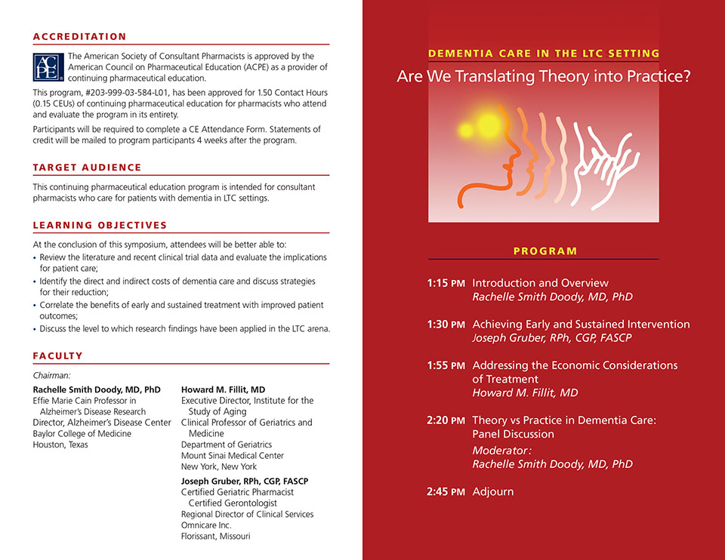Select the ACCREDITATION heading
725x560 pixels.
point(79,36)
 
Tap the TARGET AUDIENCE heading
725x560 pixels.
point(87,167)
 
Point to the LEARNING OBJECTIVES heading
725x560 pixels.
point(100,225)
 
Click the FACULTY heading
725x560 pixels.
point(58,356)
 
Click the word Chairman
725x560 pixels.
point(52,375)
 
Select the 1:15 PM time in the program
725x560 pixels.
point(446,283)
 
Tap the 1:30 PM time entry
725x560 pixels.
point(446,325)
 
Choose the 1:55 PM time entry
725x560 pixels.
point(446,365)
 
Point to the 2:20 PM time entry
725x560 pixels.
point(446,420)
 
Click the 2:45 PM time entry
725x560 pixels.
point(446,492)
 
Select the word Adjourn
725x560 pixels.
point(492,492)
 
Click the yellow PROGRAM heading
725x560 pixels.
point(545,251)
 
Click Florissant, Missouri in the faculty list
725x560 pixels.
point(215,537)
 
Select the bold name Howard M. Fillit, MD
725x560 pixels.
point(223,390)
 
